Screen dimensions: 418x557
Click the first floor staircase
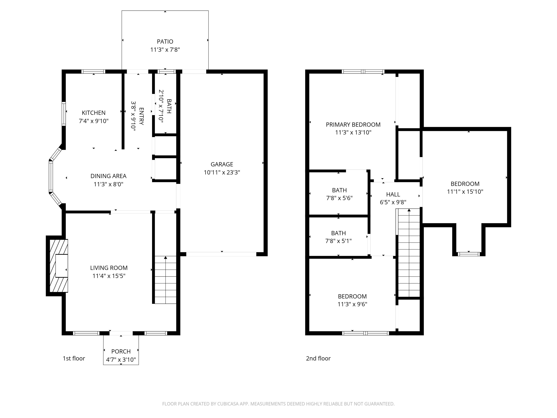click(165, 280)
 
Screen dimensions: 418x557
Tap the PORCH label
click(121, 351)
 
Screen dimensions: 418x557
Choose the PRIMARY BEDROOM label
click(353, 124)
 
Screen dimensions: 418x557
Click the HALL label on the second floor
click(393, 194)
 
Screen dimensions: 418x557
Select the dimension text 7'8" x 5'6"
click(339, 198)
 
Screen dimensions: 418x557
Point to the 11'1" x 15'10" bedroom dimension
click(465, 192)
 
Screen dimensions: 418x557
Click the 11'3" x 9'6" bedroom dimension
click(352, 304)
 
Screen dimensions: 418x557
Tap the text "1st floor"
click(74, 358)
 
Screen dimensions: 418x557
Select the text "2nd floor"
click(318, 358)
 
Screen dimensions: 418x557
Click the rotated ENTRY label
click(141, 116)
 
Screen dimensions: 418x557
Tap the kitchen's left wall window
click(64, 114)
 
